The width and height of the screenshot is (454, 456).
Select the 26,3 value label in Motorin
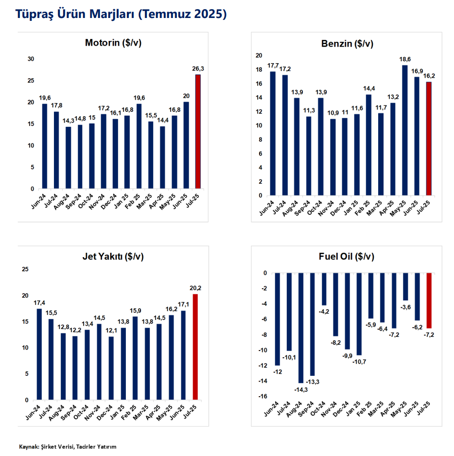click(x=198, y=69)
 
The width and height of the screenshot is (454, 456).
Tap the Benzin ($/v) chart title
click(x=347, y=44)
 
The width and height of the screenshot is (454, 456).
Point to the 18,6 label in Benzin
click(x=404, y=59)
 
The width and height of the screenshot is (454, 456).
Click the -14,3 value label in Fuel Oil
click(x=300, y=388)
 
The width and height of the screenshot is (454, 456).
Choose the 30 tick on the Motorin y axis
click(x=31, y=59)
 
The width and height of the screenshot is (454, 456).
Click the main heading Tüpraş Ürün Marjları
click(x=122, y=14)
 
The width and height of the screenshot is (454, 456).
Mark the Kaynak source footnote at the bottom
click(x=68, y=446)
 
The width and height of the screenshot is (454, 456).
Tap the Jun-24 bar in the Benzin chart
click(x=273, y=133)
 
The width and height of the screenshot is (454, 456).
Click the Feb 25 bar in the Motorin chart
click(x=139, y=146)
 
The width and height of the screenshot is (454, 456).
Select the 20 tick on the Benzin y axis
click(x=260, y=55)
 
